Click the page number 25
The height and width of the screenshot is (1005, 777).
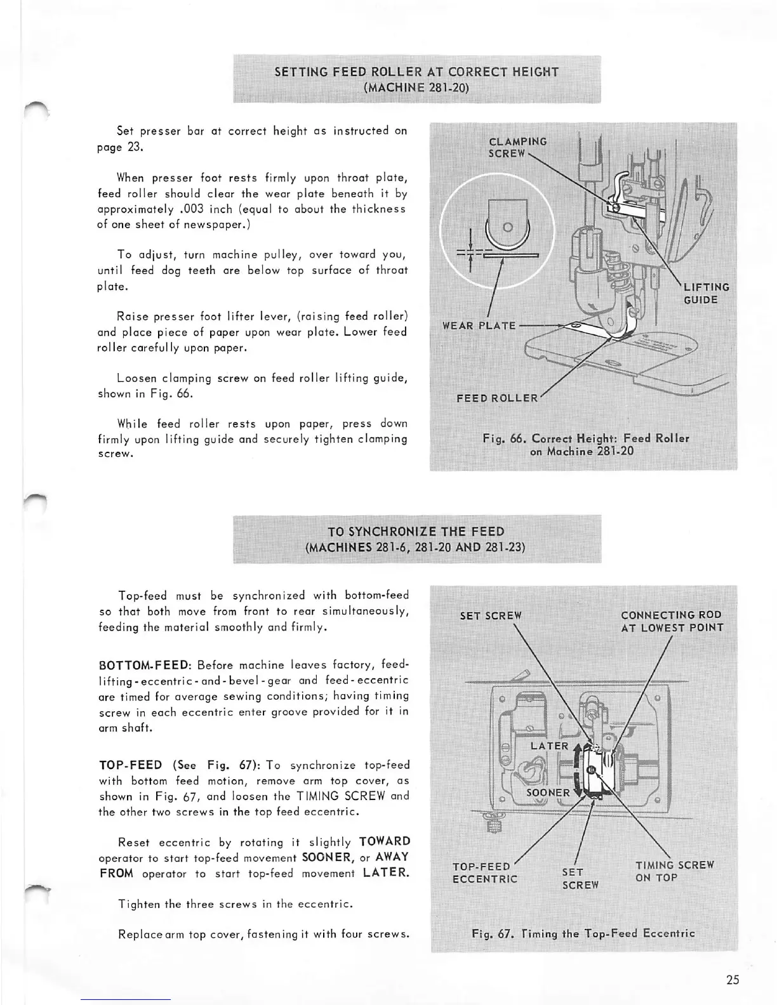tap(732, 980)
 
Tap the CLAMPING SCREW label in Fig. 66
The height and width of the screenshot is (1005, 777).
tap(517, 147)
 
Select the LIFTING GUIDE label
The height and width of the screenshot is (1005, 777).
tap(706, 294)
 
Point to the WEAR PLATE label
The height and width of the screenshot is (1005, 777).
tap(479, 326)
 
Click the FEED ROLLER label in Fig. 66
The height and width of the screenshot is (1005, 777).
tap(497, 398)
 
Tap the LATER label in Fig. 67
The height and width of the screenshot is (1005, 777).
tap(549, 746)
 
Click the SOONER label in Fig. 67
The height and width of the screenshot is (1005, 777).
tap(548, 792)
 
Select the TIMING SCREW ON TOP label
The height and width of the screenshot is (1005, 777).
tap(674, 871)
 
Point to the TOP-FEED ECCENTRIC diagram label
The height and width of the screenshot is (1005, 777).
tap(484, 872)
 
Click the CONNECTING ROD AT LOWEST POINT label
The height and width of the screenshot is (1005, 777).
tap(672, 621)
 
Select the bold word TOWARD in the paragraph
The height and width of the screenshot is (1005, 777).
tap(384, 842)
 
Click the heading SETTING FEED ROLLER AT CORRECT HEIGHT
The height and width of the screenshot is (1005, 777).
tap(416, 72)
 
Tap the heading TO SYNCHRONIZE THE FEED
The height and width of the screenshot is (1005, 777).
tap(416, 532)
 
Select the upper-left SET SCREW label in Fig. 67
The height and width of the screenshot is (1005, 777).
tap(490, 615)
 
